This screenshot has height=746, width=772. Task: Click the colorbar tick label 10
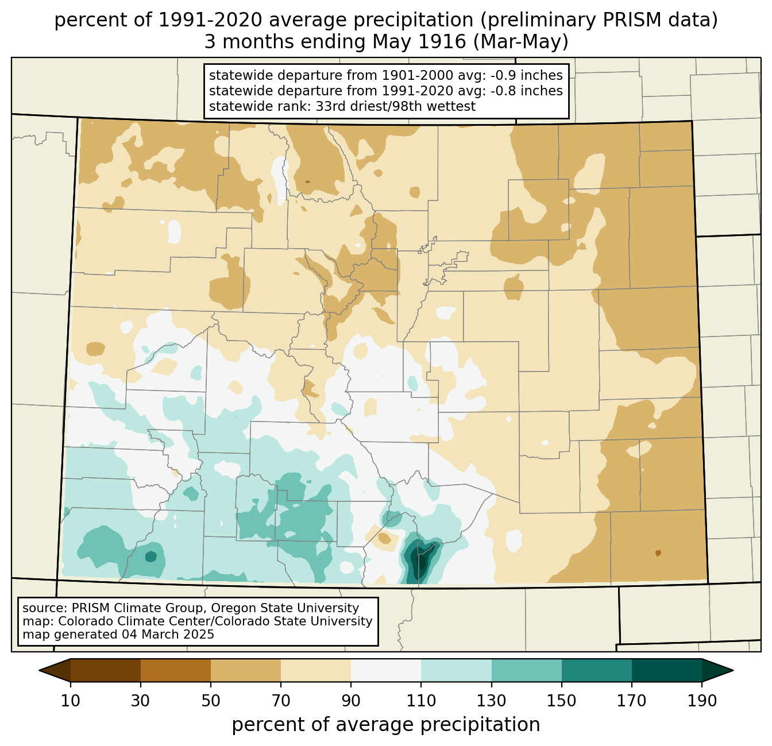pyautogui.click(x=70, y=701)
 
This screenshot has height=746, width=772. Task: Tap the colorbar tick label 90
pyautogui.click(x=351, y=701)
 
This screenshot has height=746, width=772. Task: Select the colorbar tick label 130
pyautogui.click(x=491, y=701)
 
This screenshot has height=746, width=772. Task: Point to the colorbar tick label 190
pyautogui.click(x=702, y=701)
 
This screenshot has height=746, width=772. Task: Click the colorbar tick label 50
pyautogui.click(x=211, y=701)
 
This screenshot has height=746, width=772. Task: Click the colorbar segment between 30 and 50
pyautogui.click(x=175, y=670)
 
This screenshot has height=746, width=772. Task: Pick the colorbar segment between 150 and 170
pyautogui.click(x=596, y=670)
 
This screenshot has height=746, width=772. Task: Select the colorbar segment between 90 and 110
pyautogui.click(x=386, y=670)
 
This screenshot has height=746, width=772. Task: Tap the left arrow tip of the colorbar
pyautogui.click(x=39, y=670)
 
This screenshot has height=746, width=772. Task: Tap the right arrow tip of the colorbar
pyautogui.click(x=733, y=670)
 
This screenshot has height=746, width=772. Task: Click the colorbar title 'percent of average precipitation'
pyautogui.click(x=386, y=725)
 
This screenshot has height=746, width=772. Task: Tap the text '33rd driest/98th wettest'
pyautogui.click(x=396, y=106)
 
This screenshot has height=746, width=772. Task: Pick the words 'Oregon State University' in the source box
pyautogui.click(x=285, y=608)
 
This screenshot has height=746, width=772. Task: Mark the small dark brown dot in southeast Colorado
pyautogui.click(x=658, y=552)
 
